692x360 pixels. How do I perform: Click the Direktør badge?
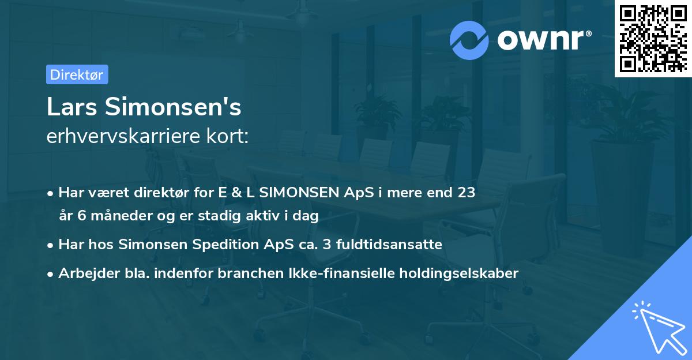[x=77, y=74]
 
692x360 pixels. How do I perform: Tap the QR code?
[x=653, y=38]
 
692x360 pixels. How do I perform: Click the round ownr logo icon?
[x=469, y=40]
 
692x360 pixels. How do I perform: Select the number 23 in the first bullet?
[x=467, y=193]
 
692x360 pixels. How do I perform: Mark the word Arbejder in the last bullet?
[x=84, y=273]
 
